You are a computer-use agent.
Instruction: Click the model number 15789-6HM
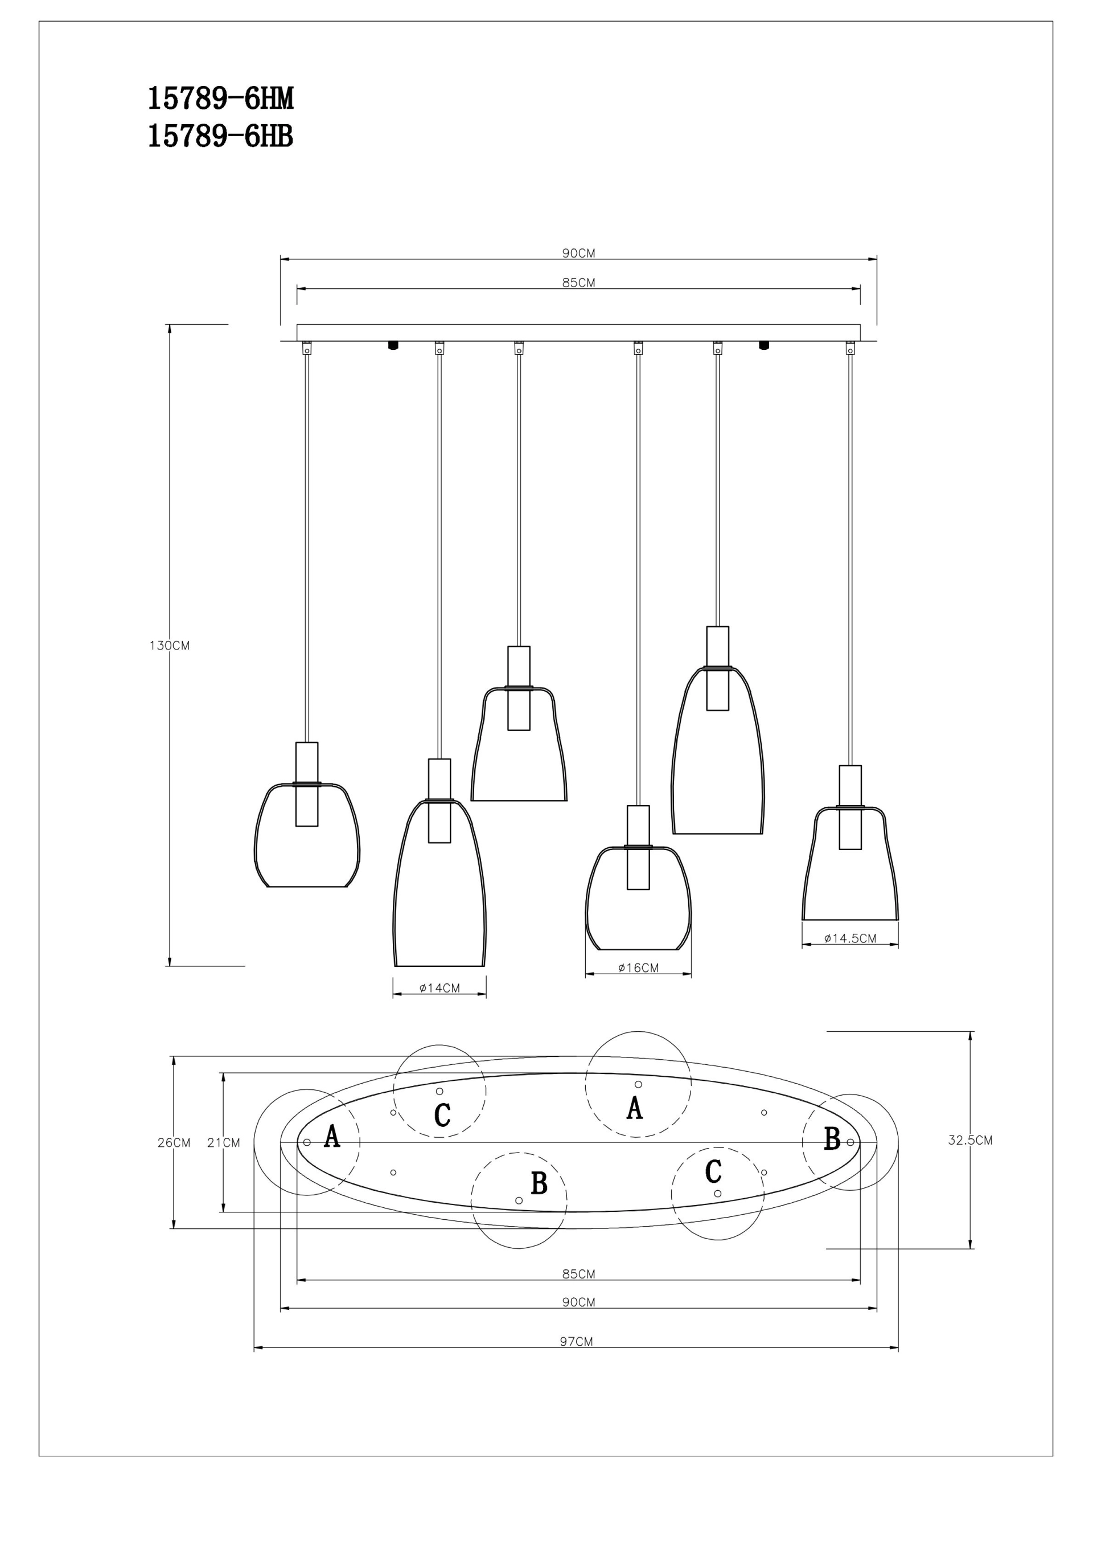[220, 100]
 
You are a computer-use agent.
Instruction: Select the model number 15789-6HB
[220, 137]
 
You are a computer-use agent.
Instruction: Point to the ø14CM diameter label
[439, 988]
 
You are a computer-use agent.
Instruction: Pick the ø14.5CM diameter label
[850, 938]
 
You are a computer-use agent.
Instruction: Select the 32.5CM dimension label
[971, 1140]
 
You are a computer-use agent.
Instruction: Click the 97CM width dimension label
[576, 1341]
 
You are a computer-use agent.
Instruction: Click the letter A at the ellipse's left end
[331, 1136]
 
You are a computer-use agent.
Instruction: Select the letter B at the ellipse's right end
[832, 1139]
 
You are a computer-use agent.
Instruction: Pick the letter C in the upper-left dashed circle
[442, 1114]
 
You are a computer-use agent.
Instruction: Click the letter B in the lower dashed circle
[539, 1183]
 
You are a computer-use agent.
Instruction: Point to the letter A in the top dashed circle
[634, 1108]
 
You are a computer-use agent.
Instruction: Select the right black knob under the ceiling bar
[763, 345]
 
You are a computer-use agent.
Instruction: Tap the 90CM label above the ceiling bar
[579, 254]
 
